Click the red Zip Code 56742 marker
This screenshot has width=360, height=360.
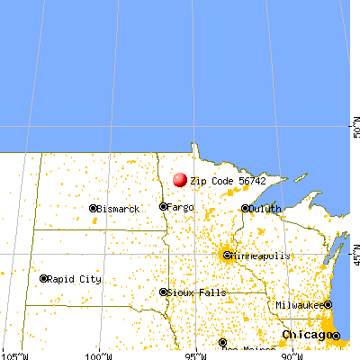(180, 180)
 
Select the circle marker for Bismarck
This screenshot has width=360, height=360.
(93, 209)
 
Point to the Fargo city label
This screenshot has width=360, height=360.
(181, 207)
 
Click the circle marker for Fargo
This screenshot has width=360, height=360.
(163, 207)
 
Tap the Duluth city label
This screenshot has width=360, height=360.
(265, 209)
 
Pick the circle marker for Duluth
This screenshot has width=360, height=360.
(245, 209)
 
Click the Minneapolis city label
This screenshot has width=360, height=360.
(261, 256)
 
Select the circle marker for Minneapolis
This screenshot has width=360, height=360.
(226, 256)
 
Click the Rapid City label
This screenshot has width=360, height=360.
(76, 279)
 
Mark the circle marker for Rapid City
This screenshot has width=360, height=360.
(44, 279)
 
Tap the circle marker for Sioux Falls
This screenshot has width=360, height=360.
(163, 292)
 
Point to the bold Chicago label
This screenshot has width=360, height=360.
(304, 335)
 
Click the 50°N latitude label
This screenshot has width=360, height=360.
(355, 129)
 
